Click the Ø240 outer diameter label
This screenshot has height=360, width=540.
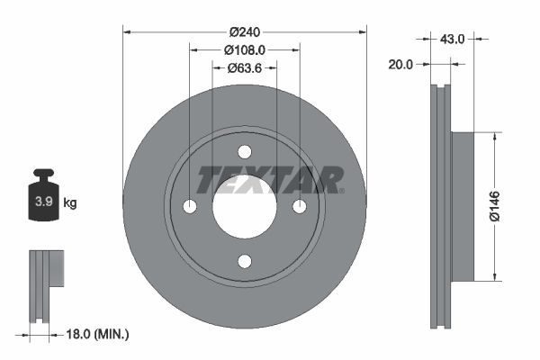(244, 31)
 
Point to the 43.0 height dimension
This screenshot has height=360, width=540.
(452, 39)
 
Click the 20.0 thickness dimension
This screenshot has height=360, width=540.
(400, 65)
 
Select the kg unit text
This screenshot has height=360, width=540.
(70, 203)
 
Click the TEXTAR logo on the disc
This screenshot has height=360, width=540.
(269, 179)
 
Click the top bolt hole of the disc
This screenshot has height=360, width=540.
(245, 152)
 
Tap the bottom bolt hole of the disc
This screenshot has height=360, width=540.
(245, 261)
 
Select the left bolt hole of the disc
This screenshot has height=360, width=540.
(190, 207)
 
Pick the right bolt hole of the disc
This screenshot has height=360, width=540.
(300, 207)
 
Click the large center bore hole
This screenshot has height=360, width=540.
(245, 207)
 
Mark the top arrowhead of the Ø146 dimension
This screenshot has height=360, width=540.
(494, 136)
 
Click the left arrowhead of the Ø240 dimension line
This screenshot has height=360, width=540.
(127, 31)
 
